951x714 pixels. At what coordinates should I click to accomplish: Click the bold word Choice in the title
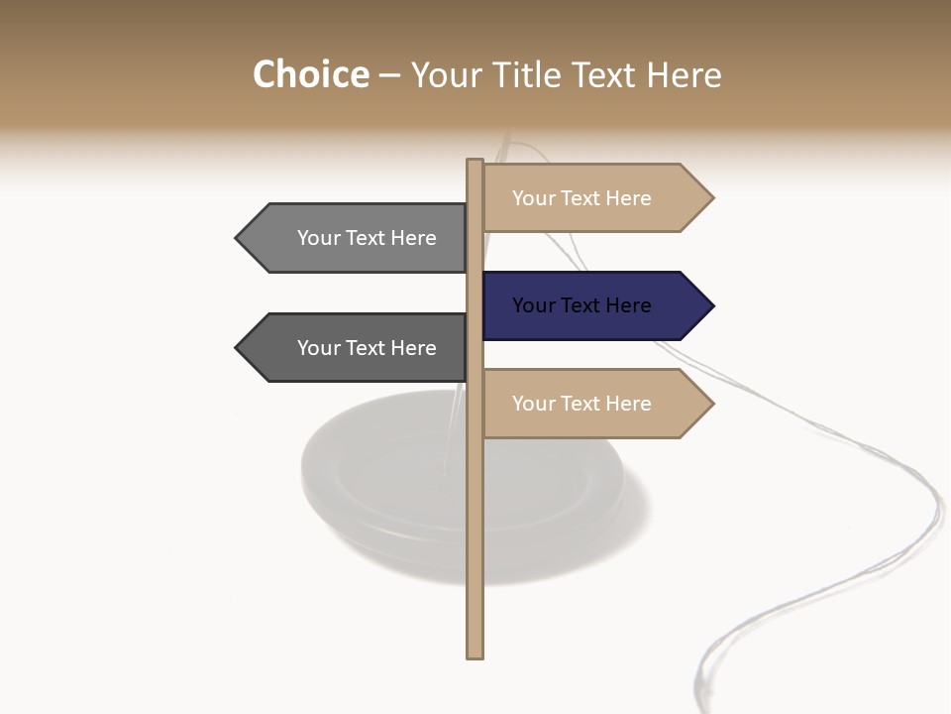tap(310, 74)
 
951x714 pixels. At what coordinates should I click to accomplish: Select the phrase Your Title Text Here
tap(566, 74)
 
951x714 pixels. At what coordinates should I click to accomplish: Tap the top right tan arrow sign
tap(594, 198)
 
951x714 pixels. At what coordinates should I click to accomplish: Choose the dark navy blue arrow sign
tap(594, 305)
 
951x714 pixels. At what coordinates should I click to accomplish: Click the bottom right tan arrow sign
tap(594, 404)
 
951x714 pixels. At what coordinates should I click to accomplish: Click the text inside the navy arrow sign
tap(581, 305)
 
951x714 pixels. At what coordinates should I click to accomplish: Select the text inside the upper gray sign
tap(367, 238)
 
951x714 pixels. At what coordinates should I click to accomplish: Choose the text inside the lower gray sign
tap(367, 348)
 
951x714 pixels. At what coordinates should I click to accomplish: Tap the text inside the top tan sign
tap(581, 198)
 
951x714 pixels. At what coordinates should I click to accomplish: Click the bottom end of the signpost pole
tap(475, 654)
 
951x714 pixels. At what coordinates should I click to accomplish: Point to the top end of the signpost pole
tap(475, 163)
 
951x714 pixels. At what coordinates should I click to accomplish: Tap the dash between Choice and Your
tap(389, 75)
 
